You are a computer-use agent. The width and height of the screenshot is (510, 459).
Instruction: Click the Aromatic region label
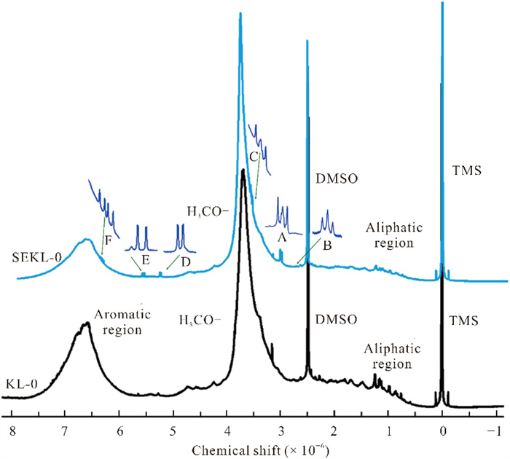[x=122, y=321]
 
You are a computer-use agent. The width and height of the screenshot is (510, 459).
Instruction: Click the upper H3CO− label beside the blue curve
[x=207, y=212]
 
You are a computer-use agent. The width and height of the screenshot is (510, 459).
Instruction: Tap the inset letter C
[x=253, y=156]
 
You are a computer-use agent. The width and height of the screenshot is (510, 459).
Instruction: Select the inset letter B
[x=327, y=245]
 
